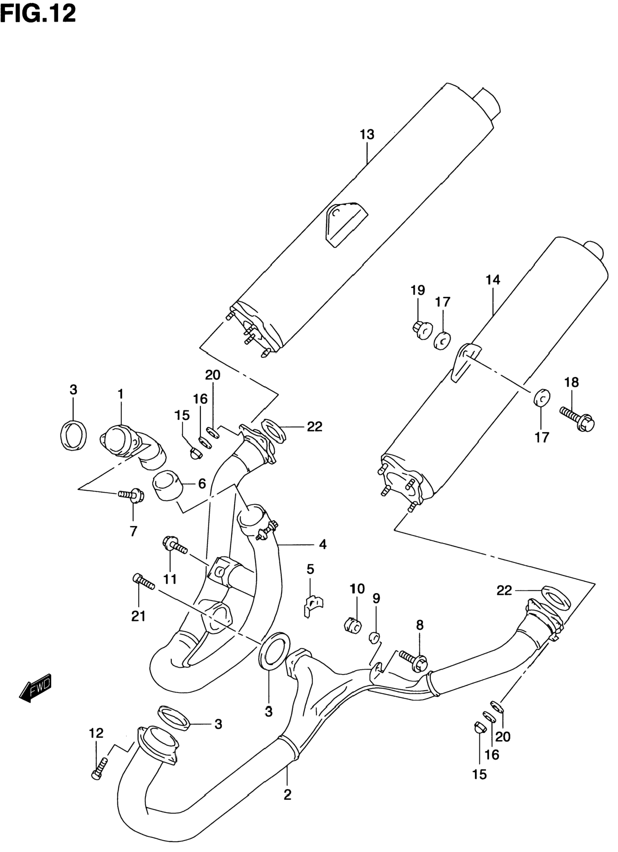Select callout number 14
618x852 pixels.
coord(493,280)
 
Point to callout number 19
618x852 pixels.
coord(417,290)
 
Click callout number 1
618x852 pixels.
coord(120,394)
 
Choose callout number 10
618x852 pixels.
coord(357,589)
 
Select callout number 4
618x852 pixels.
coord(323,544)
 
